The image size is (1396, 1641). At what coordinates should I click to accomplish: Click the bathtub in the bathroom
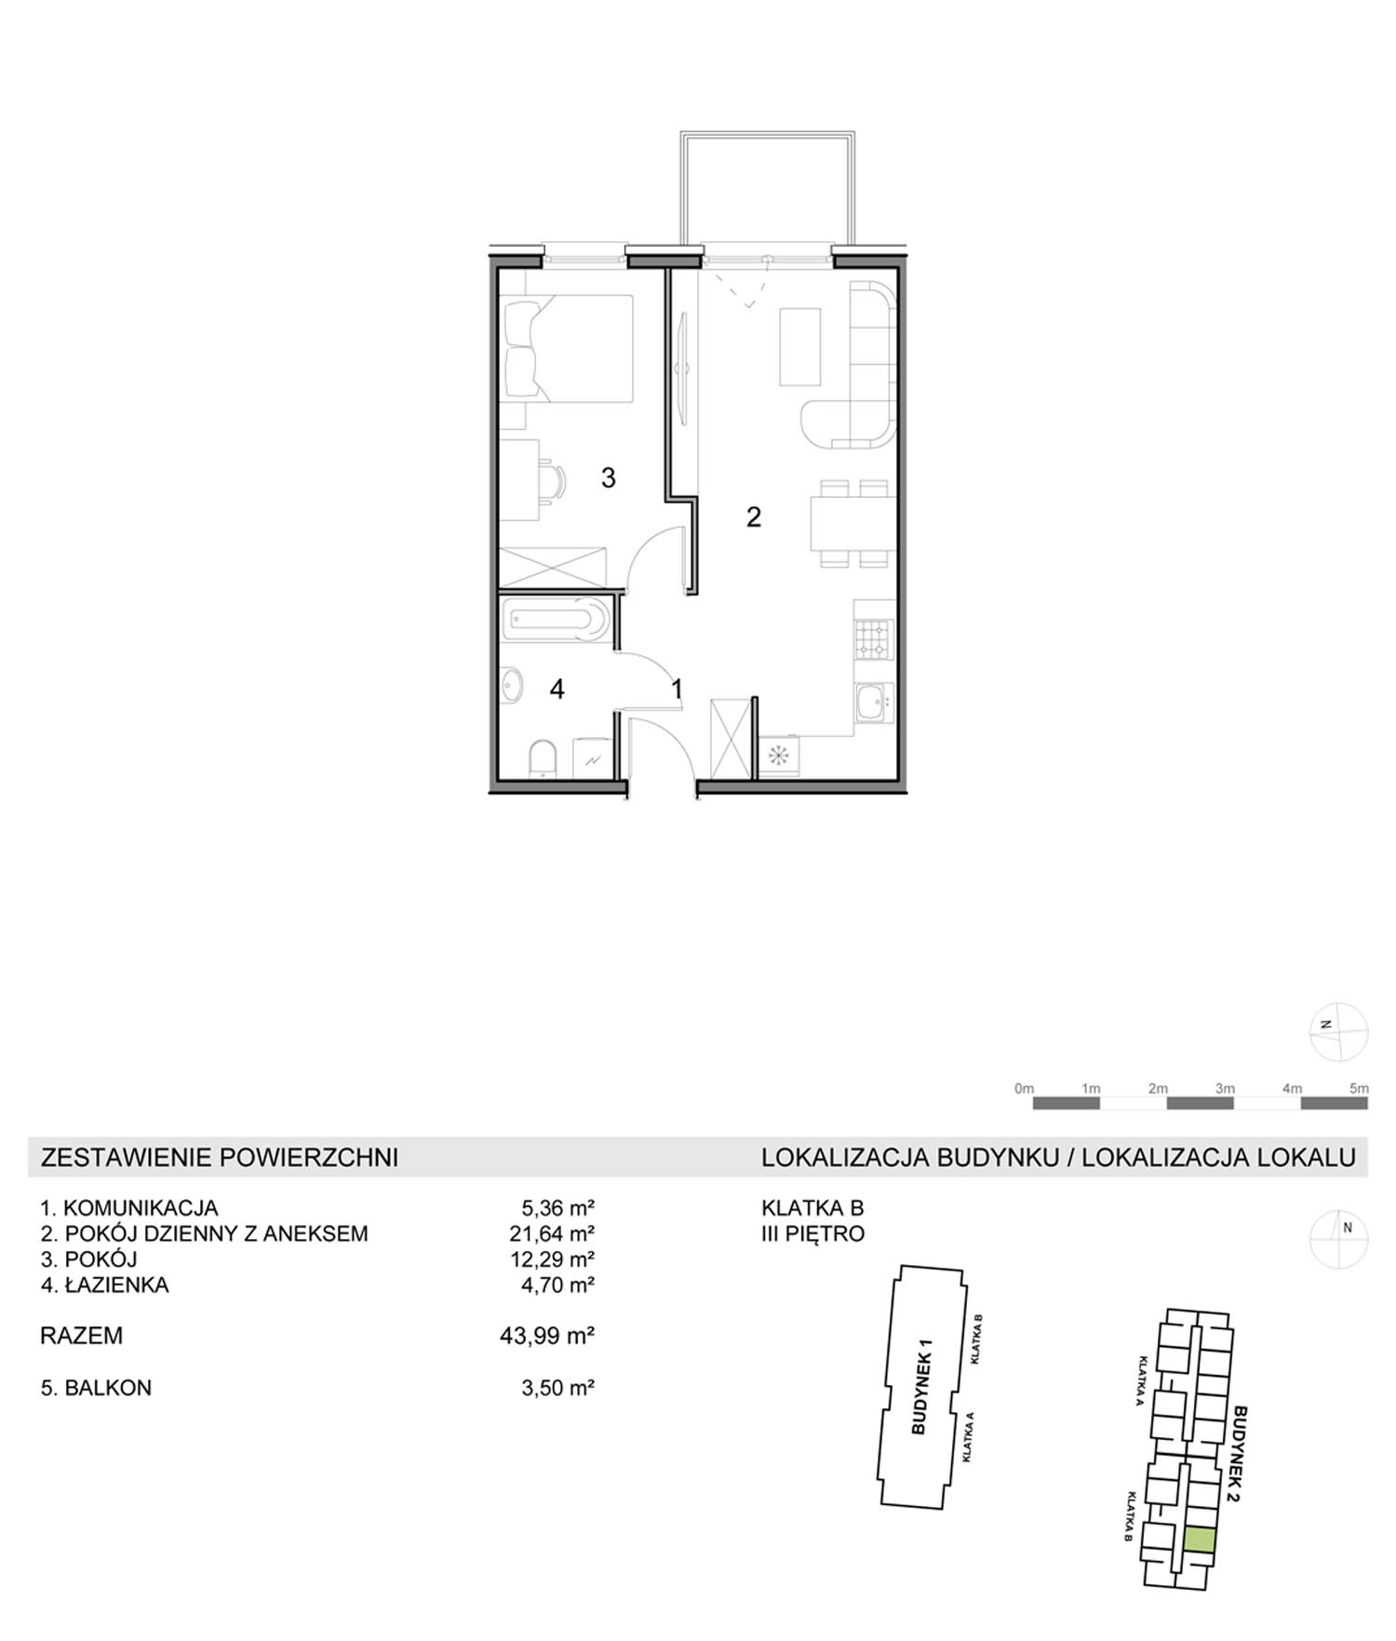click(x=556, y=620)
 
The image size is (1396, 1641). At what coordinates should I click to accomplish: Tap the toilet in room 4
click(x=542, y=758)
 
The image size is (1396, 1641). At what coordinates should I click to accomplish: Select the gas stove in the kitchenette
click(x=874, y=639)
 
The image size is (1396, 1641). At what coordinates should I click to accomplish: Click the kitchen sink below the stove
click(x=873, y=702)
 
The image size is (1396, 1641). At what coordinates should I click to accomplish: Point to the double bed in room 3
click(x=567, y=348)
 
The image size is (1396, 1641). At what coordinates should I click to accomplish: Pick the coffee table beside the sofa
click(x=800, y=346)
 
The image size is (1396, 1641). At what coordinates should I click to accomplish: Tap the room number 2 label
click(x=754, y=517)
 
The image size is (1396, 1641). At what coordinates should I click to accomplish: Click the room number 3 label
click(x=608, y=478)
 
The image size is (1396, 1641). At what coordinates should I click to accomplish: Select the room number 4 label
click(x=557, y=689)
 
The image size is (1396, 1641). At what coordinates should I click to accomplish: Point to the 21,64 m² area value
click(x=557, y=1233)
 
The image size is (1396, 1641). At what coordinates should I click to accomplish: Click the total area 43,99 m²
click(x=547, y=1336)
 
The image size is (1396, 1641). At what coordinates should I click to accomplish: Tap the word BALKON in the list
click(x=108, y=1387)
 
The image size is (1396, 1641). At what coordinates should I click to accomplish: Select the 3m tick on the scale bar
click(x=1225, y=1088)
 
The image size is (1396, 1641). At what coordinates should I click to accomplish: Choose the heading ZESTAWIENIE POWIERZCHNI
click(x=220, y=1157)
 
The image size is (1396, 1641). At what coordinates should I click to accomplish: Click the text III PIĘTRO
click(x=813, y=1233)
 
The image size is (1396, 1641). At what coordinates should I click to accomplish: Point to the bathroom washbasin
click(x=512, y=687)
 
